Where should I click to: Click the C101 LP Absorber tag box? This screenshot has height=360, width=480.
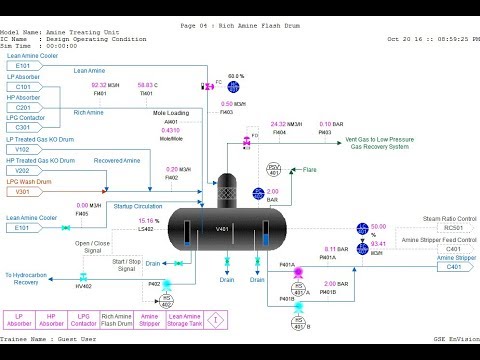tap(22, 87)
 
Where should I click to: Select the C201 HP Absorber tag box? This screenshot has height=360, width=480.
tap(22, 107)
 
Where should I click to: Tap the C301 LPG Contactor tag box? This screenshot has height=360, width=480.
tap(22, 127)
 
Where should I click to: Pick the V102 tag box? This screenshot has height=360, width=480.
tap(22, 149)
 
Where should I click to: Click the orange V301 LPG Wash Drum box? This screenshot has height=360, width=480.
tap(22, 191)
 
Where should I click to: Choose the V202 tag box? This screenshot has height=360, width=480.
tap(22, 170)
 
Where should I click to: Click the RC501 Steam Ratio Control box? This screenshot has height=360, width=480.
tap(453, 227)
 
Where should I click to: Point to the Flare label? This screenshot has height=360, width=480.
tap(310, 171)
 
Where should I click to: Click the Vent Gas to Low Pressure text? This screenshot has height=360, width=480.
tap(353, 139)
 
